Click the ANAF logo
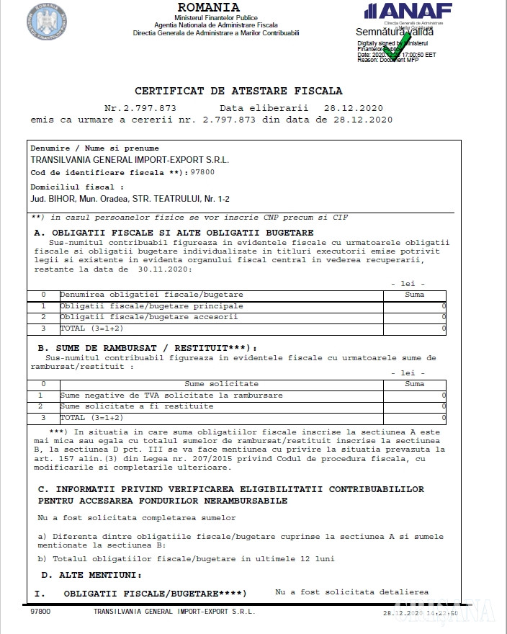(x=409, y=12)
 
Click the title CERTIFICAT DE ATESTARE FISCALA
(x=238, y=91)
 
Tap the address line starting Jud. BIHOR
(x=130, y=198)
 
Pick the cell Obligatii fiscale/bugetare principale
(x=151, y=306)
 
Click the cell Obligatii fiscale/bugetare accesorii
(x=148, y=317)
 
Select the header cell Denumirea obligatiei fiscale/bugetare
(x=151, y=295)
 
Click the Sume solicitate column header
(x=221, y=384)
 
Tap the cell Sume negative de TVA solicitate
(x=171, y=396)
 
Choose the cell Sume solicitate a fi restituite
(x=137, y=406)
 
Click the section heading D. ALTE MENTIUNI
(x=91, y=575)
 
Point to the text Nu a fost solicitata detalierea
(x=351, y=591)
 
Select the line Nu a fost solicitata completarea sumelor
(x=136, y=518)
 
